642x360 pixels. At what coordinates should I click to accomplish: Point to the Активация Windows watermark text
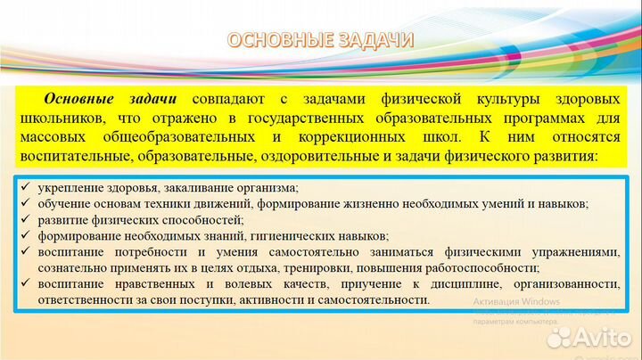516,301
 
